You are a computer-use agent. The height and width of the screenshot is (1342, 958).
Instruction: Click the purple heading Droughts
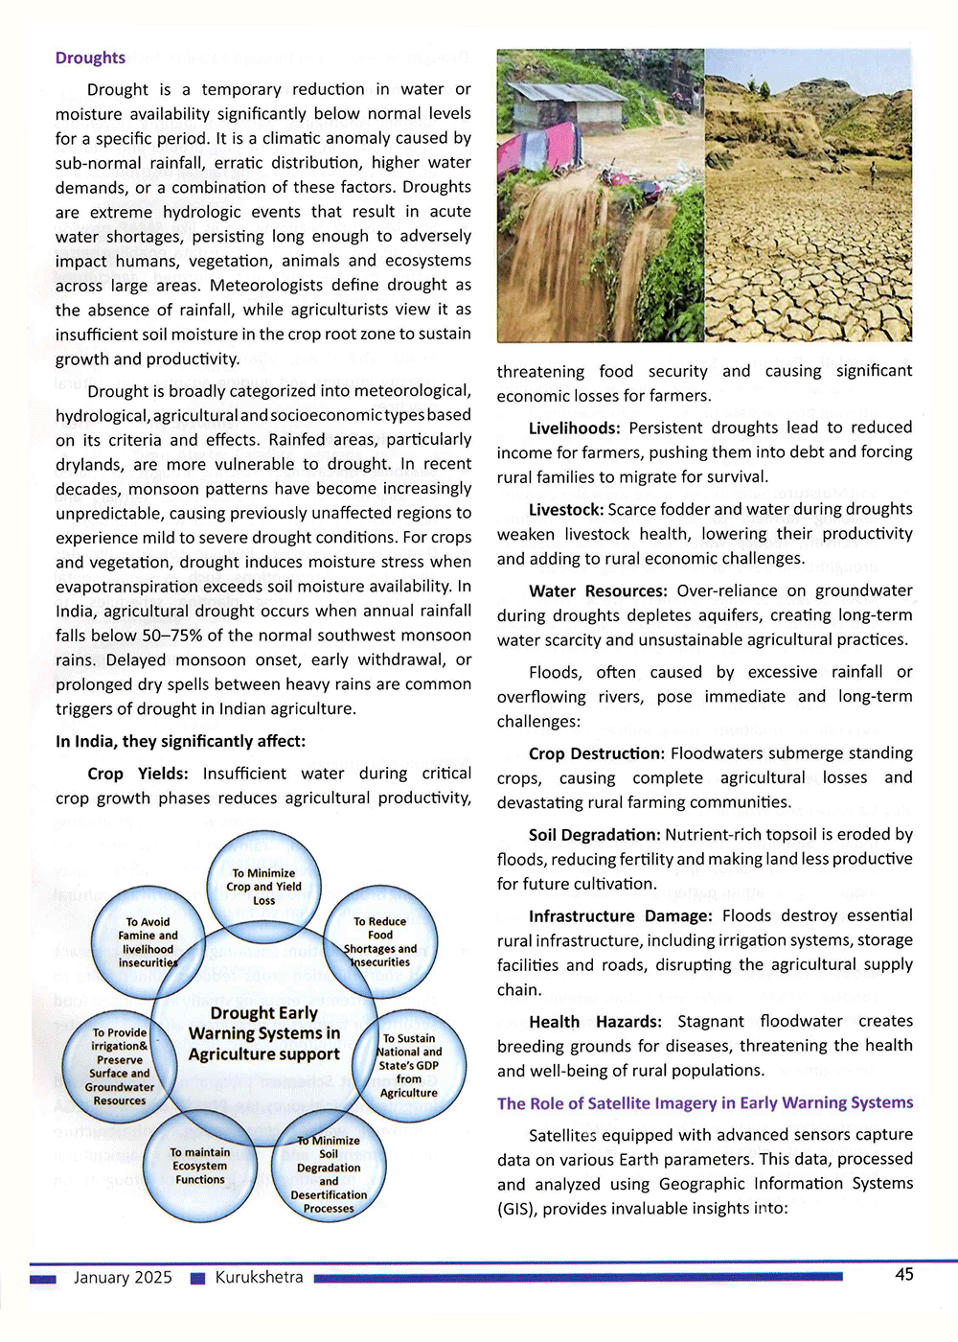tap(90, 58)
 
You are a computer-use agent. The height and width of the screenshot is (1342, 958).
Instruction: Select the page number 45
tap(903, 1275)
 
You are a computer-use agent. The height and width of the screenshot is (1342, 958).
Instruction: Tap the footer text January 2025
tap(123, 1278)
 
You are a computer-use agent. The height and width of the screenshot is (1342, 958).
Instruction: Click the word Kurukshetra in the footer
tap(259, 1278)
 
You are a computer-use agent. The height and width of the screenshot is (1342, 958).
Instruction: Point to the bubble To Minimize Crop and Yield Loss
tap(263, 887)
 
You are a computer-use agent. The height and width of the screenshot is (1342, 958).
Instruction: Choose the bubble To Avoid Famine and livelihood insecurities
tap(148, 942)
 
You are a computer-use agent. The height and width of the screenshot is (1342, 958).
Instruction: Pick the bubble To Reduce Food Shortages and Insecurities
tap(380, 941)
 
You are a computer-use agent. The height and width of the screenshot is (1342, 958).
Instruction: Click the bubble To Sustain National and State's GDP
tap(409, 1065)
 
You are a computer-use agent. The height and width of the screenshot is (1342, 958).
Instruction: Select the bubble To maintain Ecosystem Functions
tap(199, 1166)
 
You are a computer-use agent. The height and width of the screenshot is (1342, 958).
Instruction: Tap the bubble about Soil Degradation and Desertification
tap(329, 1174)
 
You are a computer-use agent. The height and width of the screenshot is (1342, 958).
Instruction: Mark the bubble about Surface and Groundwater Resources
tap(120, 1067)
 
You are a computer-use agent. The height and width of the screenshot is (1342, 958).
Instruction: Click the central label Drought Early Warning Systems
tap(264, 1033)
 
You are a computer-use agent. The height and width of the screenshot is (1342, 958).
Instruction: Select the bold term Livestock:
tap(565, 509)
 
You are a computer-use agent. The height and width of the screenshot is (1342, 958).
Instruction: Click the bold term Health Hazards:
tap(595, 1022)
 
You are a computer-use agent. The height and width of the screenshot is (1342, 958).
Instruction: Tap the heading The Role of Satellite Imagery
tap(704, 1103)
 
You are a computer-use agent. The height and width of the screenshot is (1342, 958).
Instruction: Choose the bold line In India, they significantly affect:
tap(180, 741)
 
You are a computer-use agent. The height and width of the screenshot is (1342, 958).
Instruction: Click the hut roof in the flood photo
tap(556, 93)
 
